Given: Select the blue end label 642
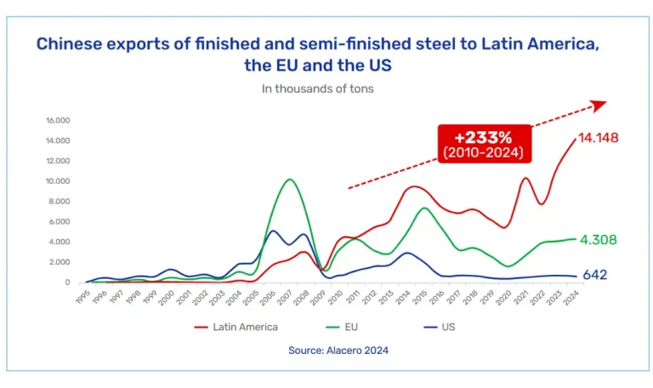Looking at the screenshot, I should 597,276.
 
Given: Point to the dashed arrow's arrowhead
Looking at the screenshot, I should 599,104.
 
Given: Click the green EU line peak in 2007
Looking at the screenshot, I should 290,180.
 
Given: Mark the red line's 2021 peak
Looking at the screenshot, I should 526,178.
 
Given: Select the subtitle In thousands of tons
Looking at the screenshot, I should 318,88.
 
